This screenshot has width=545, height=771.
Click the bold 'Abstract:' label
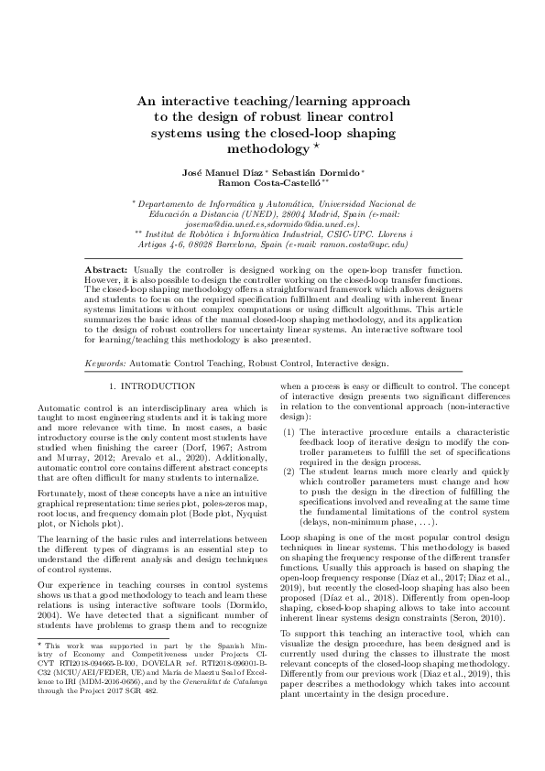(x=106, y=272)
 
